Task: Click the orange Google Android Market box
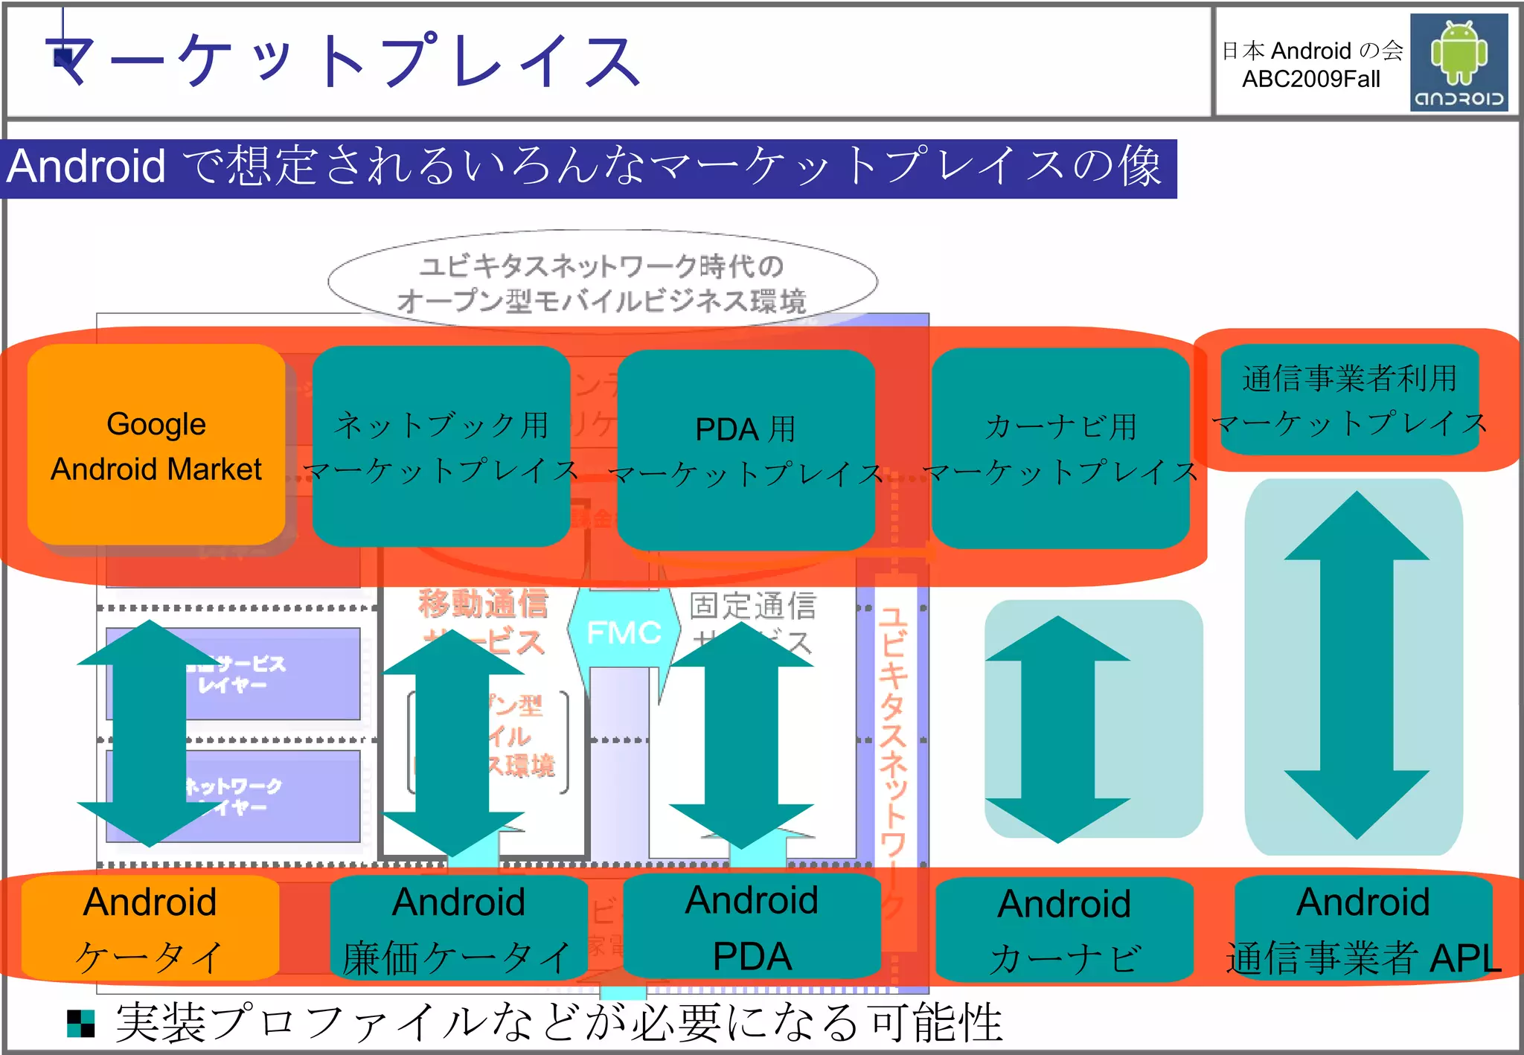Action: [156, 445]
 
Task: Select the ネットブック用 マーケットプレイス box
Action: [441, 446]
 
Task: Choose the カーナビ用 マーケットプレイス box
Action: [1060, 448]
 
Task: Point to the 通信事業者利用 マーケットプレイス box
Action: [1349, 400]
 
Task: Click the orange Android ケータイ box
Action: [150, 928]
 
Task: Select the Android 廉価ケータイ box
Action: [458, 928]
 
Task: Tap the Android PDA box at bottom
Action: [752, 926]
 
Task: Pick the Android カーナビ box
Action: [1064, 929]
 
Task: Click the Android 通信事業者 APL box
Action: [1363, 929]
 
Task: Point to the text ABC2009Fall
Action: [1311, 79]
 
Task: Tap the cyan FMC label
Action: [624, 632]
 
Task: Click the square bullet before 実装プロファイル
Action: [81, 1023]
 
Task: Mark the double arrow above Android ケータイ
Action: [150, 733]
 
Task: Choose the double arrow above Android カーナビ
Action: [1057, 729]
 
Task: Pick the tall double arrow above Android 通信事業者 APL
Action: [1357, 665]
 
